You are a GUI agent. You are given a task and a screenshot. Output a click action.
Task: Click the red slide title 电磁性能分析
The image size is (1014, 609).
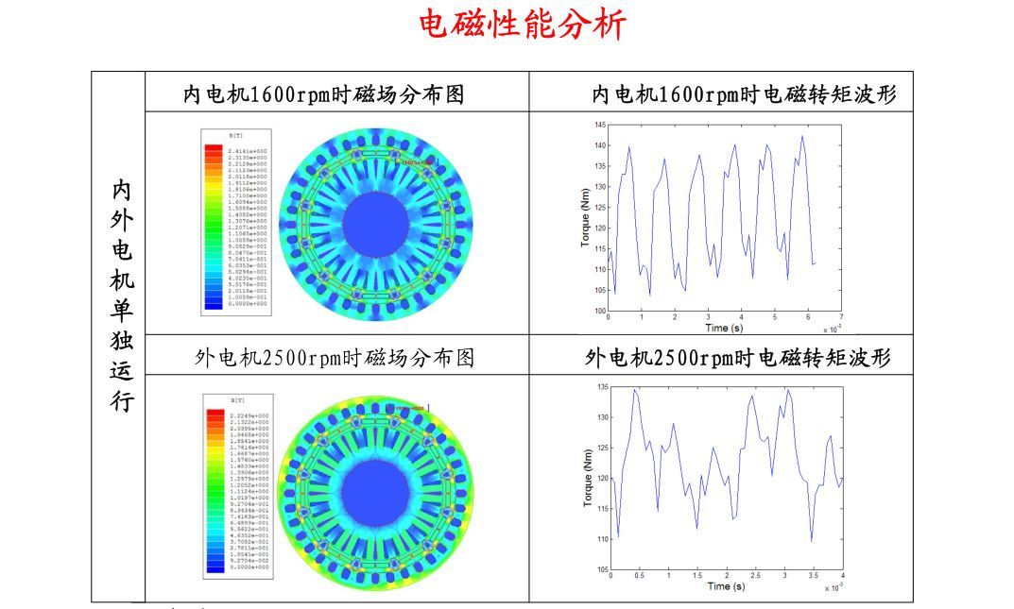523,25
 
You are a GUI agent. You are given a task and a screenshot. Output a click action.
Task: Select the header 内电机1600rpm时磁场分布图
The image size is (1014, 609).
324,94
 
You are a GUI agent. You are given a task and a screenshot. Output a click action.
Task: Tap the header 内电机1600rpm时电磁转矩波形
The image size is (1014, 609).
743,94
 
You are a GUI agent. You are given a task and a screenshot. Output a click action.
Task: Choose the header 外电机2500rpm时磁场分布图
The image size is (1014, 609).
335,358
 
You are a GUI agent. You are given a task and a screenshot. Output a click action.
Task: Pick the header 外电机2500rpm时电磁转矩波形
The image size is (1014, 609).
737,358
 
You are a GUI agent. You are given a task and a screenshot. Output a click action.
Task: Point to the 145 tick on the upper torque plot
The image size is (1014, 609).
600,126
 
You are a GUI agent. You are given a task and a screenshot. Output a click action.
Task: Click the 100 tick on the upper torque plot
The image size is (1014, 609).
600,311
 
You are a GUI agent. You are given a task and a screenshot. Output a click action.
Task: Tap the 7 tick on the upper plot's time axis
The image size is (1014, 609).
840,318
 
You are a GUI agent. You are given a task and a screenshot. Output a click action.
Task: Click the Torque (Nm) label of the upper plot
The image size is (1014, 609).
586,218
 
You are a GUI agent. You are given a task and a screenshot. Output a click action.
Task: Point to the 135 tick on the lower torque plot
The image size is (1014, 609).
601,387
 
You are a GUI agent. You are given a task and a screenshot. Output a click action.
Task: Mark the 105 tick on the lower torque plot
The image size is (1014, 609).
601,570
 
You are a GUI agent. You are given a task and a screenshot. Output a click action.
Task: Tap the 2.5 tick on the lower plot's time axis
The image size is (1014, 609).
755,576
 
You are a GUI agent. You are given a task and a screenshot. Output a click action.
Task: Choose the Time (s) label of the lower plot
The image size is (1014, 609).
726,586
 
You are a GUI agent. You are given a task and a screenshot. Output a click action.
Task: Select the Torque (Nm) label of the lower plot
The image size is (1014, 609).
587,479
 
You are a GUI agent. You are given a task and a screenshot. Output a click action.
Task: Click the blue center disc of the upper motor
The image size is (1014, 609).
375,224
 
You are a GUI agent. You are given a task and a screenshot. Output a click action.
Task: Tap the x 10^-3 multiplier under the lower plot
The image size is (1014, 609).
831,588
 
